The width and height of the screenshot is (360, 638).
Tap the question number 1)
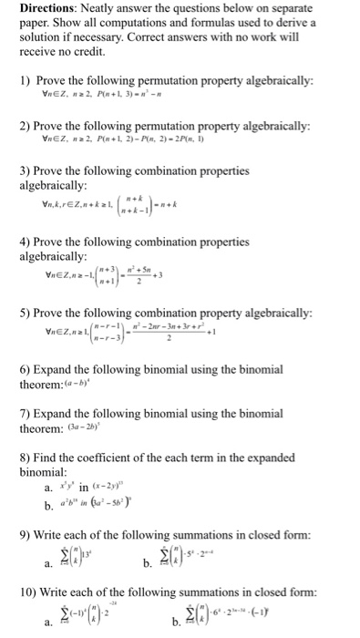tap(26, 78)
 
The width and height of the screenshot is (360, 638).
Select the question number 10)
tap(30, 592)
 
